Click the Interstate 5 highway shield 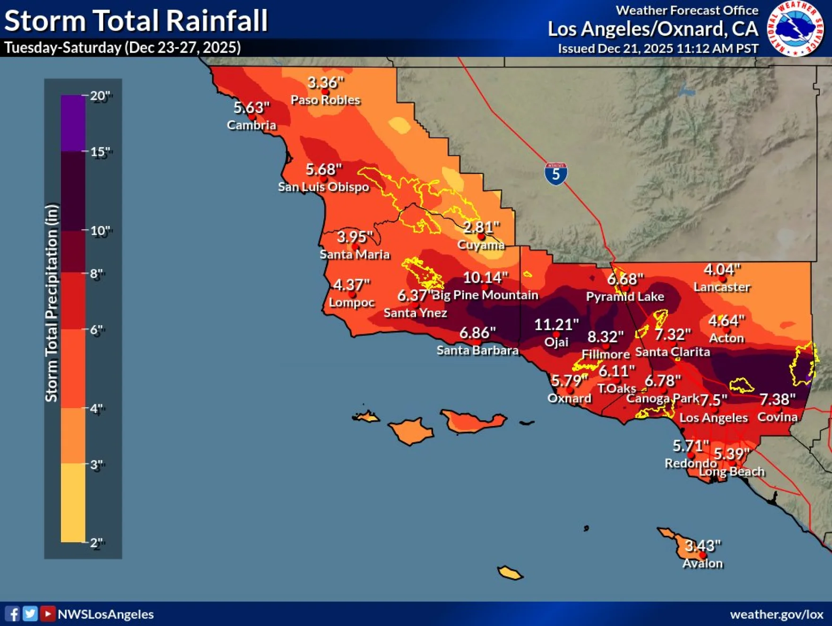555,174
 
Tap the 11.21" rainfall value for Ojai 556,325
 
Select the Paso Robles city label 325,100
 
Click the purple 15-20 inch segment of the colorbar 73,123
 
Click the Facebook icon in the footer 12,614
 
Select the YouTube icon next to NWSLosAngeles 47,614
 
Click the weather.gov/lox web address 776,614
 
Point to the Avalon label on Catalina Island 702,563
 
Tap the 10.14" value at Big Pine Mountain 485,277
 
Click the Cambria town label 251,125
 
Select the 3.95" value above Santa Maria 355,236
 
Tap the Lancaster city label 721,287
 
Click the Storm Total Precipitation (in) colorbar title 52,303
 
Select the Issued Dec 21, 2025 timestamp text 658,49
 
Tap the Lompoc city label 351,302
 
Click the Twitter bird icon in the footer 30,614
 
